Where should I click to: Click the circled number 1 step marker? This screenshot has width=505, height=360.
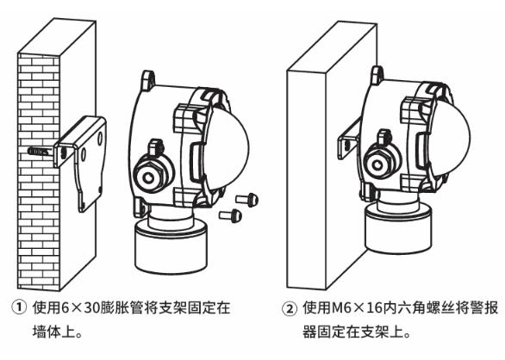19,307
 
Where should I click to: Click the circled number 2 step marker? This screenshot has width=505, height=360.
290,309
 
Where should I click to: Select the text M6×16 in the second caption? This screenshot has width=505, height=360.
357,308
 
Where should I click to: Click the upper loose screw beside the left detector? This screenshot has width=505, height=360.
247,199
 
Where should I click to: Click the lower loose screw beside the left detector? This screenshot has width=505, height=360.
231,215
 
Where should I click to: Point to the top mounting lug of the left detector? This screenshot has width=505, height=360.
148,79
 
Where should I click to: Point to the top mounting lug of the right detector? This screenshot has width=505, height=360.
377,75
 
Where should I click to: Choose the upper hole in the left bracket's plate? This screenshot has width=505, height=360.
100,138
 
